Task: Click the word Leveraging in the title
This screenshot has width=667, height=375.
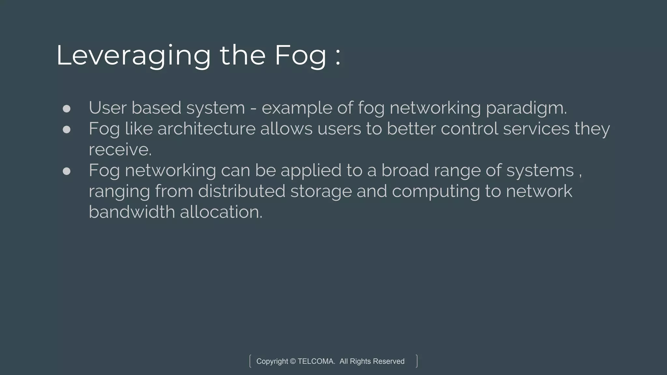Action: pos(134,56)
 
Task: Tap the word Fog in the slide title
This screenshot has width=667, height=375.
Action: pos(300,56)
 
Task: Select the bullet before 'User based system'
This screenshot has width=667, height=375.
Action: pos(66,108)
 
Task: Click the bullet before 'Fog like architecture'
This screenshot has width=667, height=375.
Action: pos(66,130)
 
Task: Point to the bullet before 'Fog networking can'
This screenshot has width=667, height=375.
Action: pos(66,171)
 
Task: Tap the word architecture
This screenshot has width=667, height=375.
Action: pos(206,129)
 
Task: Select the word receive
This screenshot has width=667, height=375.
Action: pos(120,150)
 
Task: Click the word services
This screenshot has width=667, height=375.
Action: pos(536,129)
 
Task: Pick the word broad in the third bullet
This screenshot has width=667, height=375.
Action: pos(405,171)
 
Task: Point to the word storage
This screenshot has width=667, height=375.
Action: pos(321,191)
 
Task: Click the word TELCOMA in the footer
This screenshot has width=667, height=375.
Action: pos(316,361)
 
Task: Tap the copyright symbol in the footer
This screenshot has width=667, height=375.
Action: pos(292,361)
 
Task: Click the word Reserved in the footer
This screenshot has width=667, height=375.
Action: pos(389,361)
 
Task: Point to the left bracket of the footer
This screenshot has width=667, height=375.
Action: pos(250,361)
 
